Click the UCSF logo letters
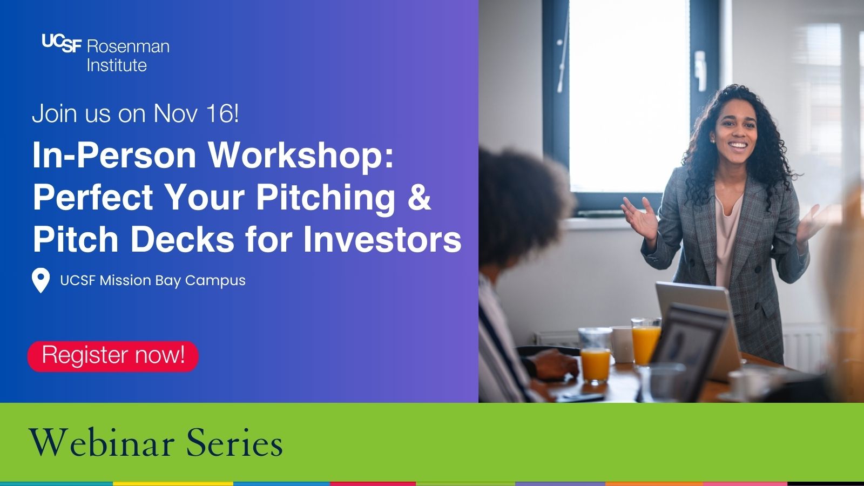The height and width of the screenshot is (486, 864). coord(61,43)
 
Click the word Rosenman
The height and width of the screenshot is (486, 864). coord(128,46)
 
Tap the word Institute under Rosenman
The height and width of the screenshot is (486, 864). coord(117,65)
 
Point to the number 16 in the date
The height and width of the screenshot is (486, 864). coord(220,113)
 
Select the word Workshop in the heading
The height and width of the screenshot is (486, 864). coord(301,156)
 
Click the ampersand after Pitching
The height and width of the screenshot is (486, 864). coord(419,197)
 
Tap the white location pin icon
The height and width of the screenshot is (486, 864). coord(40,280)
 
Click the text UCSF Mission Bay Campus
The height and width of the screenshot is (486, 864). coord(153,280)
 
